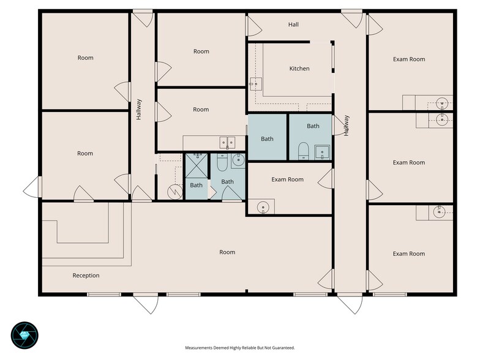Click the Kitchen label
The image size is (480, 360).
click(x=299, y=69)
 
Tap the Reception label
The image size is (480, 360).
click(x=86, y=276)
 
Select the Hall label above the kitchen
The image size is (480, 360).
click(x=293, y=24)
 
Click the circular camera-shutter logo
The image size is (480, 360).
click(x=24, y=336)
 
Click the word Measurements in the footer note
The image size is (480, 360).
click(x=195, y=348)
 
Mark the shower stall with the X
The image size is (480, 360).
click(x=196, y=165)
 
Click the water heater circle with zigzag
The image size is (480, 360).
click(x=175, y=192)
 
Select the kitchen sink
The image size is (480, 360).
click(x=256, y=84)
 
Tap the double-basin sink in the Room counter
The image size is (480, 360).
click(x=227, y=142)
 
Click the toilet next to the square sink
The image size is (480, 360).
click(x=304, y=151)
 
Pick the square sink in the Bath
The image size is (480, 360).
click(x=322, y=152)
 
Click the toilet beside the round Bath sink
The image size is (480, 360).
click(x=222, y=163)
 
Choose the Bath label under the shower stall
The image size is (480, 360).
click(x=196, y=185)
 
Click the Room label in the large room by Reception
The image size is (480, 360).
click(x=227, y=252)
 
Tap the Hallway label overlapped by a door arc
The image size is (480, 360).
click(x=347, y=126)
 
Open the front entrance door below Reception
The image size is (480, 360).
click(x=146, y=303)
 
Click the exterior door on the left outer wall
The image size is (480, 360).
click(x=32, y=187)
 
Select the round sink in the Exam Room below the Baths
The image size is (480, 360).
click(x=263, y=208)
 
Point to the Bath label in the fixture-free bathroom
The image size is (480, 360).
click(x=267, y=139)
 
